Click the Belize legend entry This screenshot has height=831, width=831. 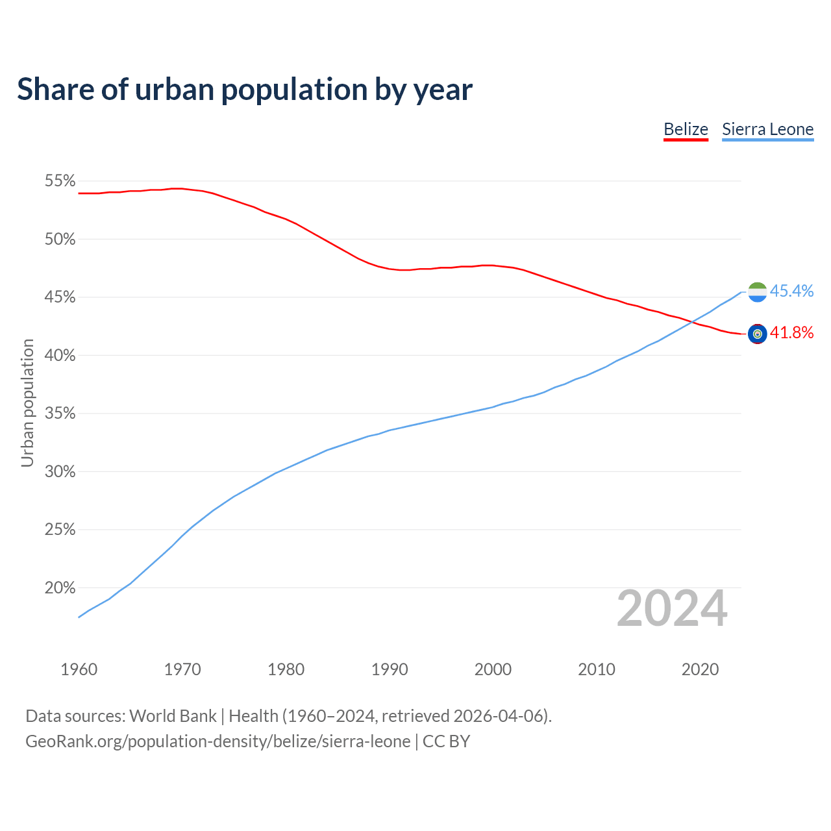click(x=686, y=129)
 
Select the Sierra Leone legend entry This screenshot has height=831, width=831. click(x=767, y=129)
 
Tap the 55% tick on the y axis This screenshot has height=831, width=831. click(x=60, y=181)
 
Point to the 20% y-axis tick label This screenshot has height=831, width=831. click(x=60, y=588)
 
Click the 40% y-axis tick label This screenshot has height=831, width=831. click(x=60, y=356)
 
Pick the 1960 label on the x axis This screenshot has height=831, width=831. click(x=79, y=669)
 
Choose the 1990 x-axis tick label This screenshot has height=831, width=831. click(x=390, y=669)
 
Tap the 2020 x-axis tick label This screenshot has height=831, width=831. click(x=700, y=669)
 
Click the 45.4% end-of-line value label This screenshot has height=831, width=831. click(x=791, y=291)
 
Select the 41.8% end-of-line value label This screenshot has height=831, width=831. click(x=791, y=333)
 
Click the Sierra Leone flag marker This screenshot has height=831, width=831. click(x=758, y=292)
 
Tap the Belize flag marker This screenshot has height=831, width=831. click(x=758, y=334)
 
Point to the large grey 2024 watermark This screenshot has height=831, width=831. click(x=672, y=609)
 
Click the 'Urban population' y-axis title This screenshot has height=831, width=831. click(x=27, y=403)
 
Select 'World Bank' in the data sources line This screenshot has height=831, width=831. click(x=173, y=716)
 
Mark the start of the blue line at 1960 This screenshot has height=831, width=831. click(x=79, y=617)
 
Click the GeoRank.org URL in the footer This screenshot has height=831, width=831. click(x=217, y=741)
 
